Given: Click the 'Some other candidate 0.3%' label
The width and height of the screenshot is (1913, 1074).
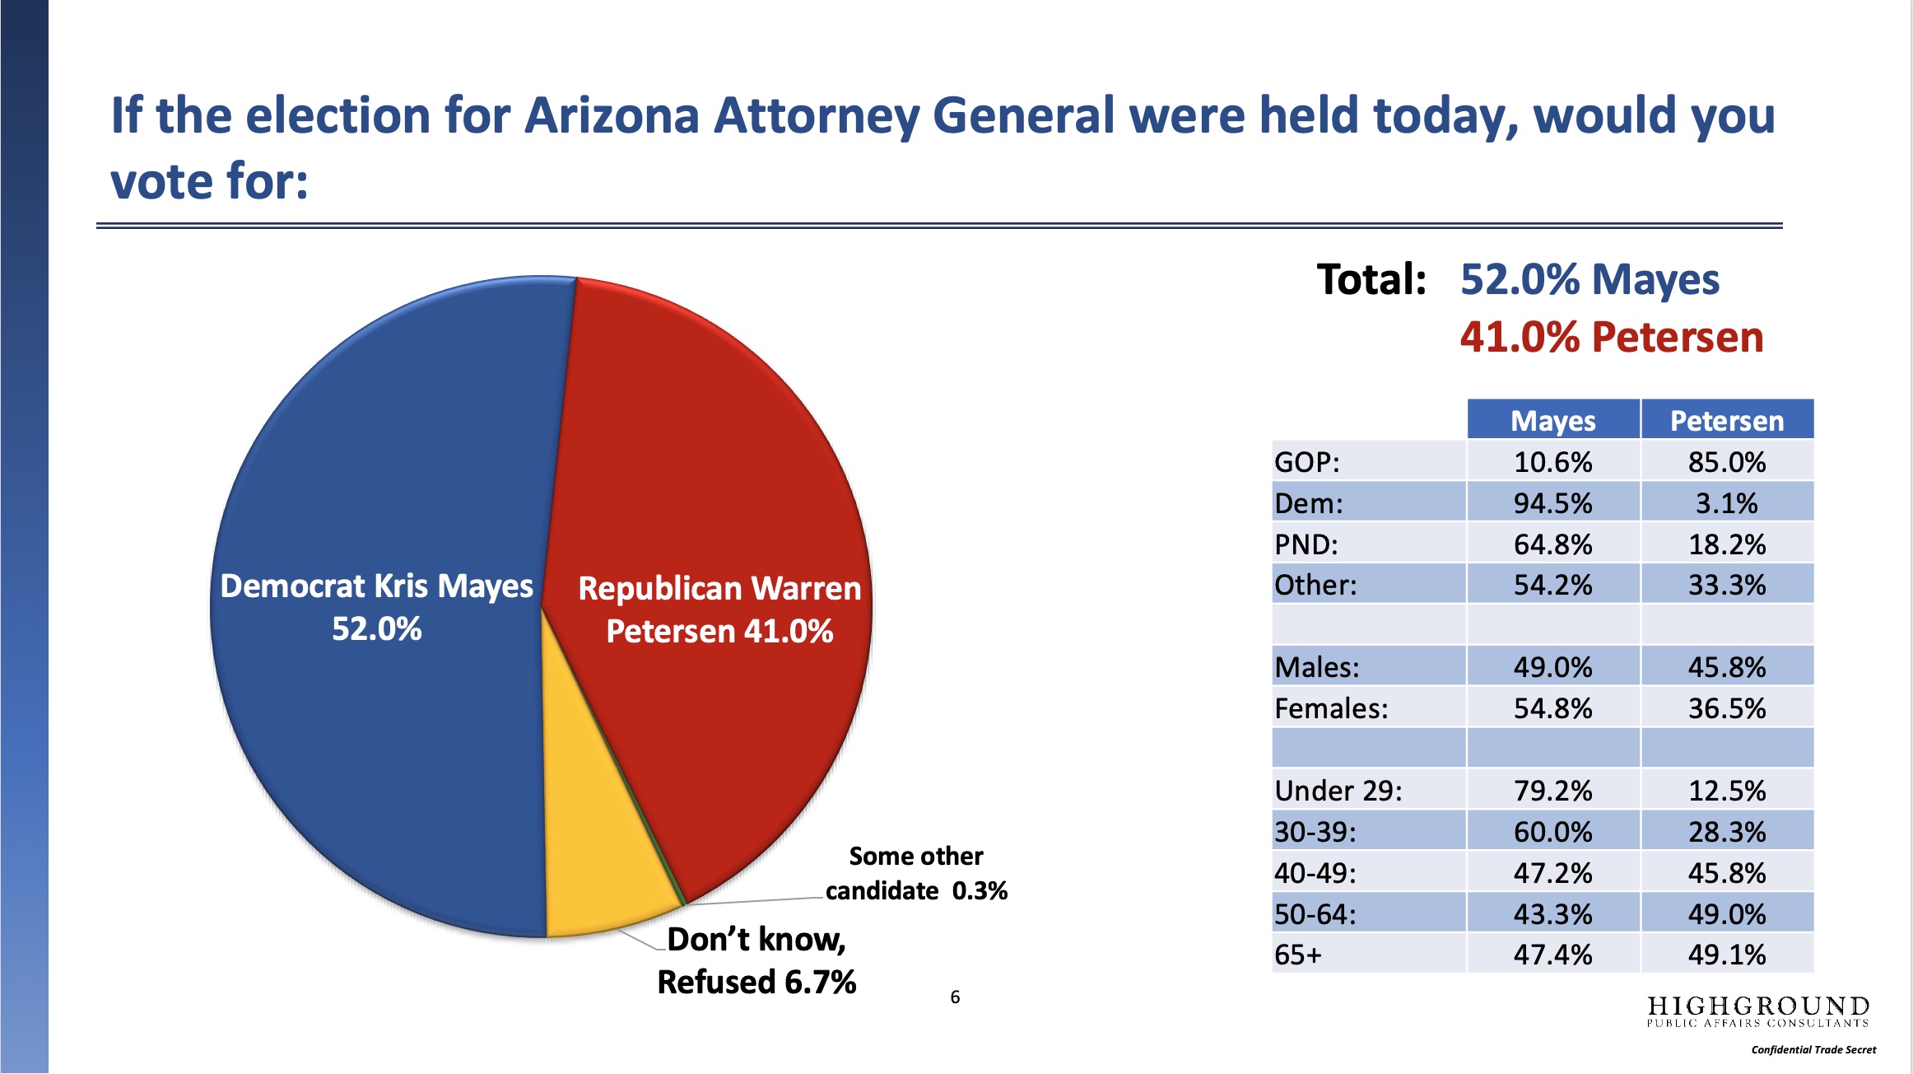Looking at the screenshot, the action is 916,873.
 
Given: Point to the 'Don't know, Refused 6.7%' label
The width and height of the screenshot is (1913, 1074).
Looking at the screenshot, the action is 756,960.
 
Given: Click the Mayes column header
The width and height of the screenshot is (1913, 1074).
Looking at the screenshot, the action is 1553,421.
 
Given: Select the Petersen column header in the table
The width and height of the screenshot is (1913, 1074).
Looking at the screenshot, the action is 1727,421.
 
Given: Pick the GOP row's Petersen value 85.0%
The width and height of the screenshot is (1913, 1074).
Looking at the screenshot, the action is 1727,462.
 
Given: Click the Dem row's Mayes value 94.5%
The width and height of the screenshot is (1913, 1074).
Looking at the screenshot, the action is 1553,503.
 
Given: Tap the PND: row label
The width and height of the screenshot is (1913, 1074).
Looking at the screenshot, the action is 1306,544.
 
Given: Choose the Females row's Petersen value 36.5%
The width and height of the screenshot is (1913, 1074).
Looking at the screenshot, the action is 1727,708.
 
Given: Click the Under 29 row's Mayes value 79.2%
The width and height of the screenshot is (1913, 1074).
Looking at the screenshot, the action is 1553,791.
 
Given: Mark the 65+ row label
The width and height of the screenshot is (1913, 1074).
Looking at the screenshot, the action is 1298,955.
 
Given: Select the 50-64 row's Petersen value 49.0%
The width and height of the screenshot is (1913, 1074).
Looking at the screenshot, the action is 1727,914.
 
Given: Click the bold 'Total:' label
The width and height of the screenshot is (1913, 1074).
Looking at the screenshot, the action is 1371,279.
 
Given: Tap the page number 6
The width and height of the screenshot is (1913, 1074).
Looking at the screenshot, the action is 955,997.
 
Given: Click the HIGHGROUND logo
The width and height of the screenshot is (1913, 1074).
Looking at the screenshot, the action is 1758,1011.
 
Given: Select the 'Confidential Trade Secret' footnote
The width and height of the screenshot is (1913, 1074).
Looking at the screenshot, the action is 1813,1050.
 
